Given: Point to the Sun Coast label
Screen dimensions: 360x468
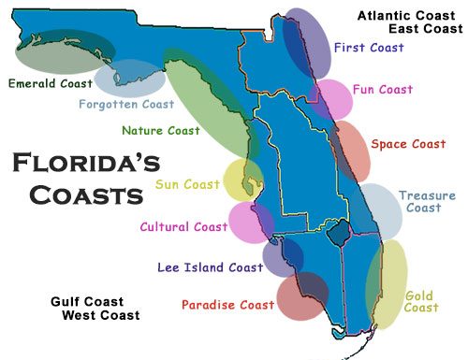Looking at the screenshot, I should click(187, 184).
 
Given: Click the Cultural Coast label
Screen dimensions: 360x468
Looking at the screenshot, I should click(183, 226).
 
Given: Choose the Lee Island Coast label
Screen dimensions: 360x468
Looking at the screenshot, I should click(209, 267).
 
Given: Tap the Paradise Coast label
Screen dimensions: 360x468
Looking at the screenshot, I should click(227, 305).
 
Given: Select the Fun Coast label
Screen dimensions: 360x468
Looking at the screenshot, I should click(383, 90).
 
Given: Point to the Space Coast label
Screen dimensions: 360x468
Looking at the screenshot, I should click(408, 144).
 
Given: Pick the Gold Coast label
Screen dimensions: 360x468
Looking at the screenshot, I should click(421, 302).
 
